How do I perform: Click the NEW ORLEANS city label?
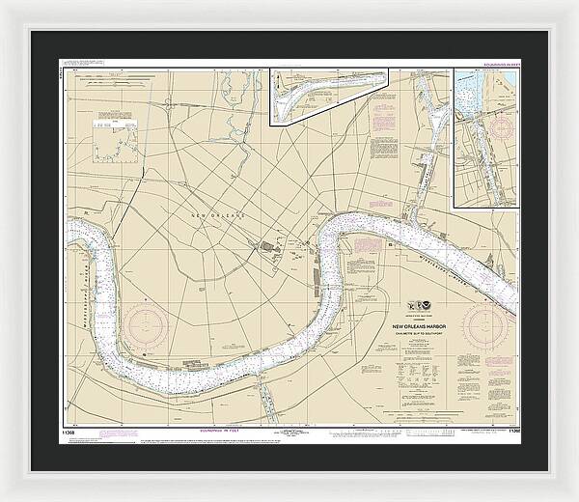[x=220, y=214]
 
